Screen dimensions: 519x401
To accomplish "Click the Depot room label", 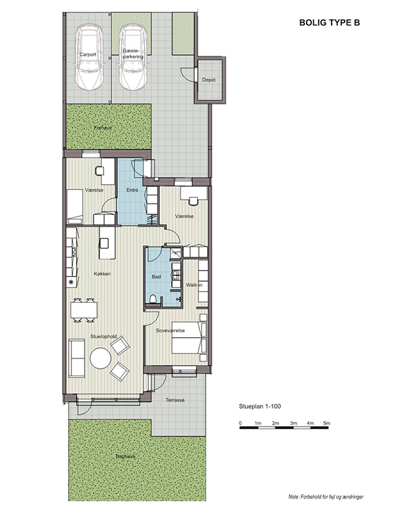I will point(208,81).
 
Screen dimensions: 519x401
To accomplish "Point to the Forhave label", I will point(102,128).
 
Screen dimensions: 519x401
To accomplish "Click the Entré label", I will point(132,190).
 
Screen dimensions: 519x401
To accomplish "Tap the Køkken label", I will point(102,275).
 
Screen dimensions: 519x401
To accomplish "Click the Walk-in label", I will point(194,286).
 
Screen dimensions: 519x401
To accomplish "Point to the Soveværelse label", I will point(170,331).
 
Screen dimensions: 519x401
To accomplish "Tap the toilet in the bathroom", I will point(153,299).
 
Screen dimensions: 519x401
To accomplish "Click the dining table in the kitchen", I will point(85,309).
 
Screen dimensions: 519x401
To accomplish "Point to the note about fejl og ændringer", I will point(326,497).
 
